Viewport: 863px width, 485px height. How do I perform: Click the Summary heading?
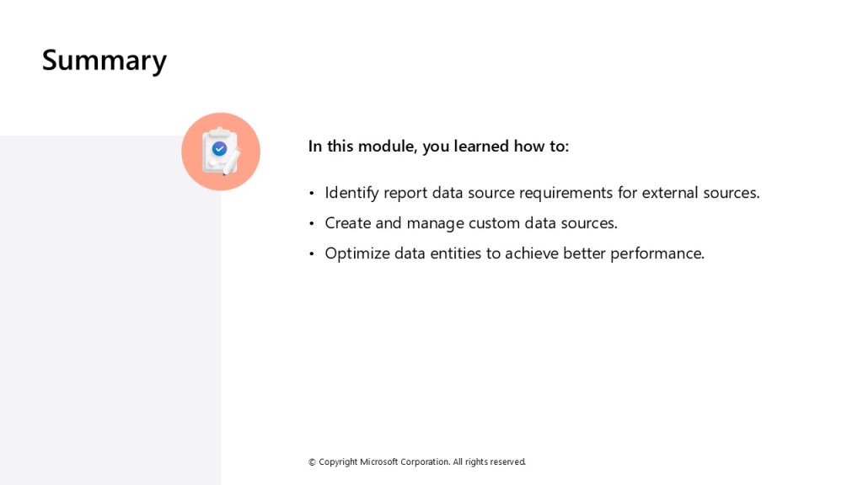point(104,61)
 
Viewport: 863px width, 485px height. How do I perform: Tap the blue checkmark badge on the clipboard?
point(220,148)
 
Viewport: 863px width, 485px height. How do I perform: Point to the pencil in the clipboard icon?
point(231,163)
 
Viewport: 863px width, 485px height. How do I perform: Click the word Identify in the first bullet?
point(351,193)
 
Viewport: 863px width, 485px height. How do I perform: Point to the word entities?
point(455,253)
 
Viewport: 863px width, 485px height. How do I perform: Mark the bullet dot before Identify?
point(312,193)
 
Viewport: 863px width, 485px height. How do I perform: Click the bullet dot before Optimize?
point(312,253)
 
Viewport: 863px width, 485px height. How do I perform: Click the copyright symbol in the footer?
point(312,462)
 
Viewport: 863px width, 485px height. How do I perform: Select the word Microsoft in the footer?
point(378,462)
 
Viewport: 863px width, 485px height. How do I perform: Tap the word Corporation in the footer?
point(425,462)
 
